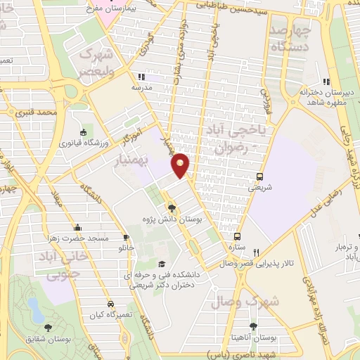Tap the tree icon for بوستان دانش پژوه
tap(172, 207)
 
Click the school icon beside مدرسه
tap(141, 77)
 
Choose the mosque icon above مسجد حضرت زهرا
tap(78, 227)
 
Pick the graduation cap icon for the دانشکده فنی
tap(162, 264)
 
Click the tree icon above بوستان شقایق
tap(48, 327)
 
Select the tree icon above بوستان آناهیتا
tap(253, 326)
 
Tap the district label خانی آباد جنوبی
tap(60, 266)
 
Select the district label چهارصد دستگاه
tap(290, 39)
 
